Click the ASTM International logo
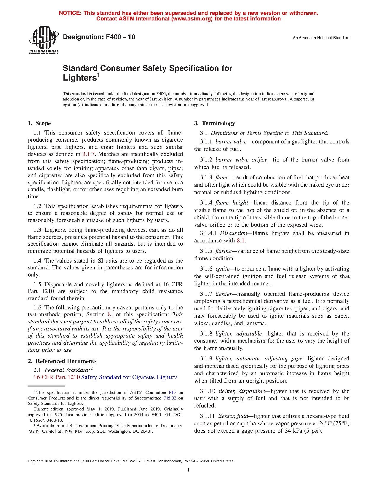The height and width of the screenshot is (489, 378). (x=44, y=39)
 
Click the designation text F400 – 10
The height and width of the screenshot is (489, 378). (x=99, y=37)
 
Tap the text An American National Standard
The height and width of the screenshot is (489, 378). (x=321, y=38)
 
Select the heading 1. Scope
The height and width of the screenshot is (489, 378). (x=39, y=123)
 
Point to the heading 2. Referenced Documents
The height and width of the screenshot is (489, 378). (x=62, y=361)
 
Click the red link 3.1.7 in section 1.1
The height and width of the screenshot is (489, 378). (x=88, y=154)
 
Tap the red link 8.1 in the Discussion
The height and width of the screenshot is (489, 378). (x=241, y=241)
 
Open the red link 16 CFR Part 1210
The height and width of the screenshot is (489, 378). (x=57, y=377)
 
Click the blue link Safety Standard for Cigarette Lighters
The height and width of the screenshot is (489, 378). (x=129, y=377)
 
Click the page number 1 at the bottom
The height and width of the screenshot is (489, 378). (x=188, y=469)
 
